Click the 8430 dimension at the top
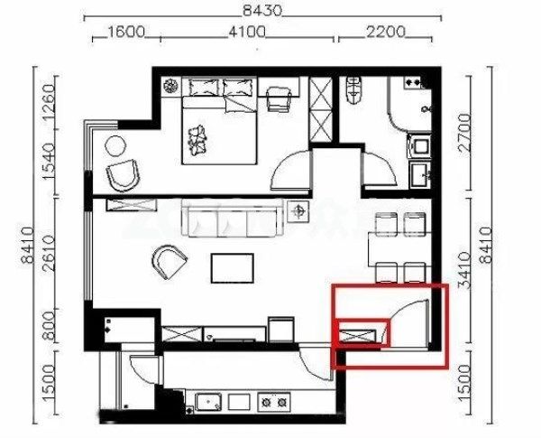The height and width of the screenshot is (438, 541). [262, 11]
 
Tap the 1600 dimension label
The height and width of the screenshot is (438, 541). [126, 33]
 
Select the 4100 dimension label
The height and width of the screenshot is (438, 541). [247, 33]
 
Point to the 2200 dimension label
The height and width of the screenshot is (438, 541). [385, 33]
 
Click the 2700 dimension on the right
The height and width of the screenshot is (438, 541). [464, 133]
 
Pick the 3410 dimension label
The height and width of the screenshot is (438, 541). [464, 270]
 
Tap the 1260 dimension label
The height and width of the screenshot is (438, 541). [49, 103]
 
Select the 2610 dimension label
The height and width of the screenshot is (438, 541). [49, 254]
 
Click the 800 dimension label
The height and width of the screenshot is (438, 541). [49, 327]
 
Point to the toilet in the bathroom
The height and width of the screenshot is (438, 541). [353, 90]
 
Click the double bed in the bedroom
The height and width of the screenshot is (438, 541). [219, 121]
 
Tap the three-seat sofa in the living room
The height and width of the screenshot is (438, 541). [233, 219]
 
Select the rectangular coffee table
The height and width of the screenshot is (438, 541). [233, 268]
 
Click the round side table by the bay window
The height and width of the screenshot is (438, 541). [115, 146]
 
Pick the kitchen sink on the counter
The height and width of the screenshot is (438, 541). [208, 403]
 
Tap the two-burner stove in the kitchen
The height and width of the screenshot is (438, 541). [274, 402]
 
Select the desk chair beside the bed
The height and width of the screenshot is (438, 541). [279, 98]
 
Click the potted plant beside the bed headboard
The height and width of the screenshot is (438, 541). [170, 86]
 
